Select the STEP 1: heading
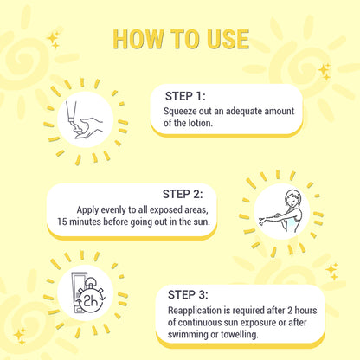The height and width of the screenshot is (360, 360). (x=185, y=96)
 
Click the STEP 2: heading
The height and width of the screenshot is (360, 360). (x=183, y=194)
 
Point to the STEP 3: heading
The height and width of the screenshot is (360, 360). (x=188, y=295)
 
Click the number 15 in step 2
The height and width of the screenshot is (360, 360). (x=62, y=222)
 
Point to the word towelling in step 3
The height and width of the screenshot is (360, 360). (x=240, y=335)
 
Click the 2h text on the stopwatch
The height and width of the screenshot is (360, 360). (x=90, y=302)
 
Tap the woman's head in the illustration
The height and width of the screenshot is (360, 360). (x=293, y=198)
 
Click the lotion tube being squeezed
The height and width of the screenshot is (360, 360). (x=71, y=112)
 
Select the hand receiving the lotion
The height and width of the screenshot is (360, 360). (x=88, y=129)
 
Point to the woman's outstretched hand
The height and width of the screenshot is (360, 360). (x=262, y=222)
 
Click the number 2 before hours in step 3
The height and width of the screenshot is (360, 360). (x=290, y=311)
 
